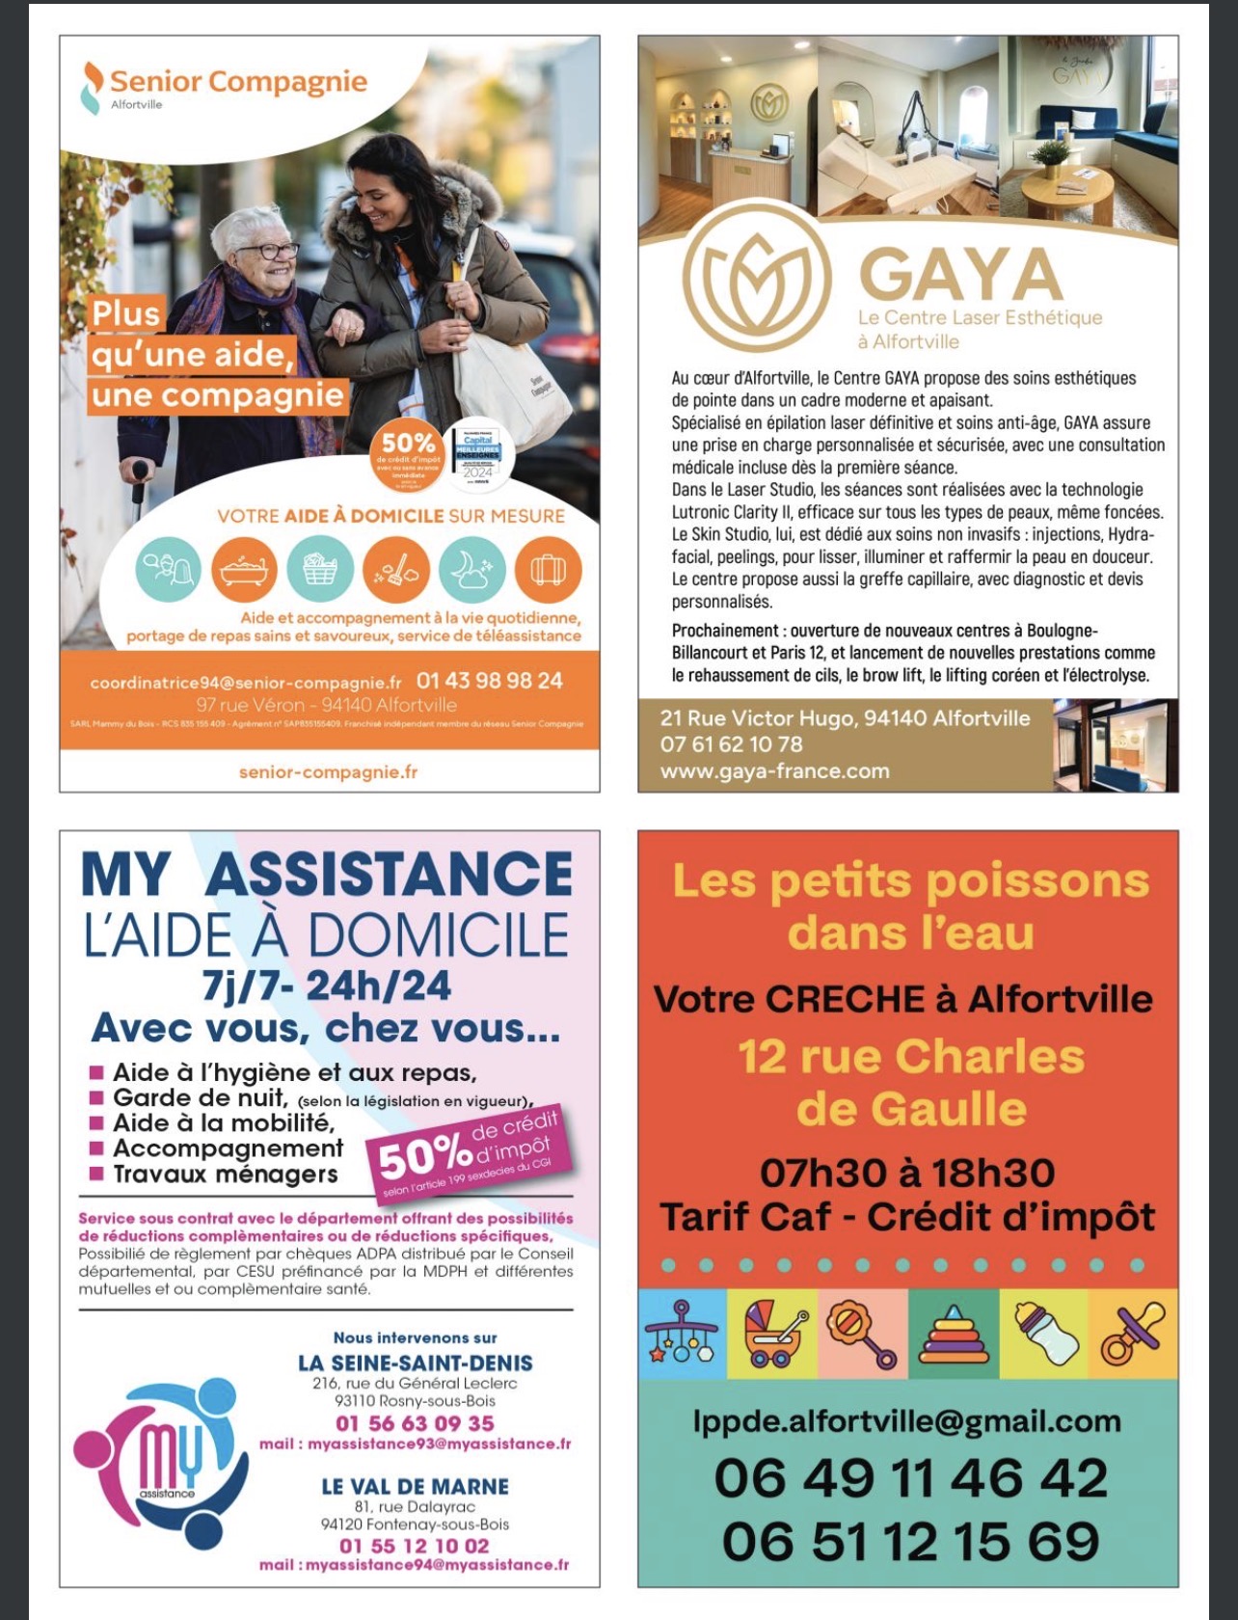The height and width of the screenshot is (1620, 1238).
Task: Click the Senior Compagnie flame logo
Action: (92, 87)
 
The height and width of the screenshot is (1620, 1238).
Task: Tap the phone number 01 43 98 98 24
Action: (490, 681)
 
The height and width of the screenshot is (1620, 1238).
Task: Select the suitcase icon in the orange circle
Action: (548, 570)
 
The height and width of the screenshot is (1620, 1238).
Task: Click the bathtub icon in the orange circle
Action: (244, 570)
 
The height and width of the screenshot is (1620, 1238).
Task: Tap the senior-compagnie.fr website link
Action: (328, 771)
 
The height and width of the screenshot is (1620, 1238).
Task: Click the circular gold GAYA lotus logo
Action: (756, 277)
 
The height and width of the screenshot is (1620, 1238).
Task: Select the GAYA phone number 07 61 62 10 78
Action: (731, 744)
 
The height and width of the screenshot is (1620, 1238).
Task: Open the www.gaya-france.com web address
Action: (774, 771)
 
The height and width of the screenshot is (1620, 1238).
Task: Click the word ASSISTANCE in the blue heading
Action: (389, 875)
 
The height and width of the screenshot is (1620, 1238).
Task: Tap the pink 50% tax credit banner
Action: (468, 1154)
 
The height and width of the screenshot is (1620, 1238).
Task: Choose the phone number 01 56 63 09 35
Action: (415, 1423)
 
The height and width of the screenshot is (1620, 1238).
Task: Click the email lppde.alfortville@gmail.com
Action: (907, 1421)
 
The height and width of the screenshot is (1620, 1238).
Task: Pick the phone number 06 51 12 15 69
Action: (910, 1541)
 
